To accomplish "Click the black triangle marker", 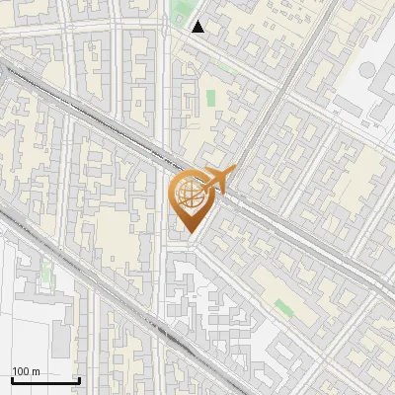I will pyautogui.click(x=198, y=27).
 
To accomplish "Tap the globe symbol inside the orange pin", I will pyautogui.click(x=190, y=194).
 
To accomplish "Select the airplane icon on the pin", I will pyautogui.click(x=216, y=180).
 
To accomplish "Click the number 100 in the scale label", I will pyautogui.click(x=21, y=370).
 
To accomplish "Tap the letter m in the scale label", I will pyautogui.click(x=36, y=370).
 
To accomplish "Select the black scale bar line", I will pyautogui.click(x=45, y=380).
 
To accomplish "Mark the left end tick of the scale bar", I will pyautogui.click(x=12, y=378).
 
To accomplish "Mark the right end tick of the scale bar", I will pyautogui.click(x=79, y=378).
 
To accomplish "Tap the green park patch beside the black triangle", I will pyautogui.click(x=180, y=15).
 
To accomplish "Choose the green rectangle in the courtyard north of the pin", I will pyautogui.click(x=210, y=99).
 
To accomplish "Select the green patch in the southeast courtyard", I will pyautogui.click(x=284, y=308).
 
